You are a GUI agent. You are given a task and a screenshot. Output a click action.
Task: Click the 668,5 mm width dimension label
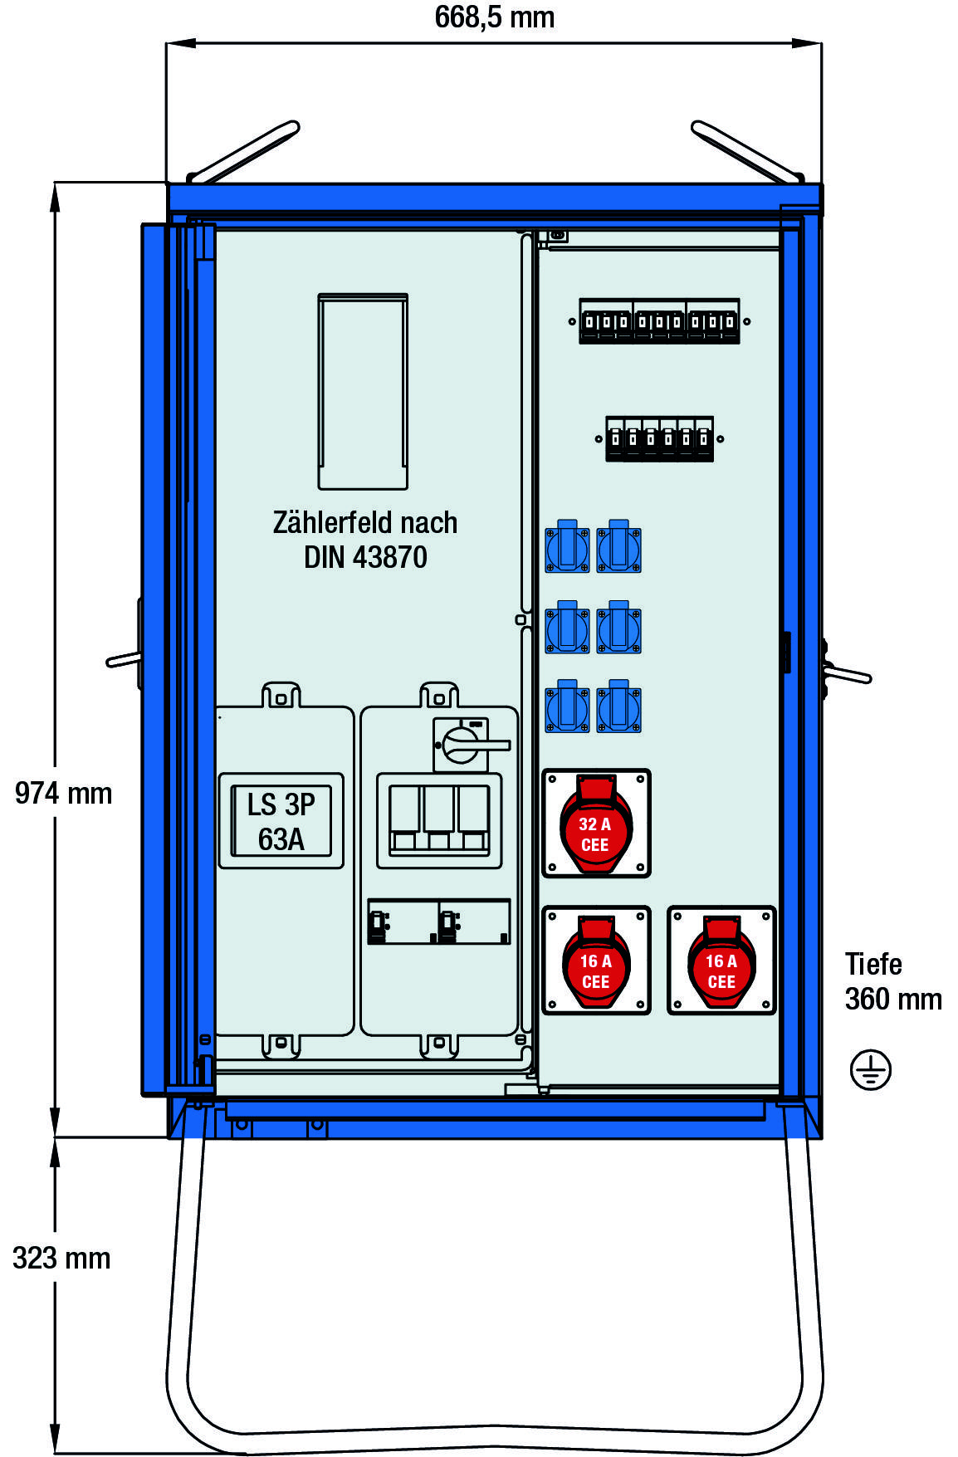[x=494, y=17]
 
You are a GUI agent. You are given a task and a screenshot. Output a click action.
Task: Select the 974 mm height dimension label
[x=63, y=794]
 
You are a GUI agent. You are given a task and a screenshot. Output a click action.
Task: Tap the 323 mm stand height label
[x=61, y=1259]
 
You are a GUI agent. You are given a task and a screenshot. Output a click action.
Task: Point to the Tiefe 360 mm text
[x=892, y=981]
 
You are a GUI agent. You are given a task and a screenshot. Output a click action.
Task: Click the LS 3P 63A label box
[x=281, y=821]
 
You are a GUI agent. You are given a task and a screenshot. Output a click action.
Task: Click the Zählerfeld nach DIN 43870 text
[x=365, y=540]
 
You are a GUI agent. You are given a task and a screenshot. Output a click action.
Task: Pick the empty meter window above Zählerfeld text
[x=363, y=390]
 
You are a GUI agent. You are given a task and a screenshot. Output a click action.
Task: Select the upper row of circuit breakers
[x=659, y=321]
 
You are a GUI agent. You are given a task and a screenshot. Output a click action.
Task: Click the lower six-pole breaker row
[x=659, y=438]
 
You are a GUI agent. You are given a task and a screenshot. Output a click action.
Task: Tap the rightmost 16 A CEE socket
[x=721, y=961]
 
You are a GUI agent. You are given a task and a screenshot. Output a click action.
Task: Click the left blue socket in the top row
[x=567, y=549]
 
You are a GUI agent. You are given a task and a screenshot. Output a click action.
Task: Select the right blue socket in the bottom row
[x=618, y=707]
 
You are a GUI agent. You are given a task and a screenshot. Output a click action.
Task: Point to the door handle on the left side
[x=125, y=659]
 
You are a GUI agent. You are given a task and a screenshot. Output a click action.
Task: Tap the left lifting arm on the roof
[x=243, y=153]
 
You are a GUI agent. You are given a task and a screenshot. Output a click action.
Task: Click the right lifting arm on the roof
[x=747, y=153]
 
